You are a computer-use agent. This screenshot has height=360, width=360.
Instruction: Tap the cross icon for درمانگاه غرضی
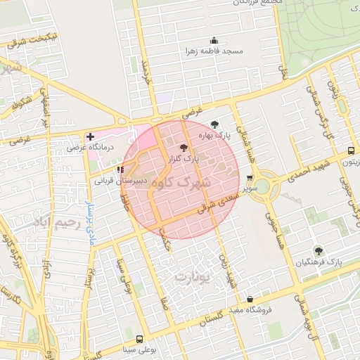pos(90,136)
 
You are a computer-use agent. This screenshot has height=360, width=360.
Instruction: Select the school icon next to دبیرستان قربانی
pos(121,169)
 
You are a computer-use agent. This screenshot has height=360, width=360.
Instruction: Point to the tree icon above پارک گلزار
pos(184,148)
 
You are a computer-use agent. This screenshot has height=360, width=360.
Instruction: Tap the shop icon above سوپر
pos(250,179)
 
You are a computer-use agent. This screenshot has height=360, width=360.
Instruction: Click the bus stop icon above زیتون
pos(351,150)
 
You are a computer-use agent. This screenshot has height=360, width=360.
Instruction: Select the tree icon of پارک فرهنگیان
pos(319,250)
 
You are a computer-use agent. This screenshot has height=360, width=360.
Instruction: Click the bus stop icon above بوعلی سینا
pos(139,339)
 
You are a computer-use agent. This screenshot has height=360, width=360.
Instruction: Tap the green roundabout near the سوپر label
pos(262,186)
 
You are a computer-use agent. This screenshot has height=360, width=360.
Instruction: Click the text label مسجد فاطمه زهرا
pos(214,51)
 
